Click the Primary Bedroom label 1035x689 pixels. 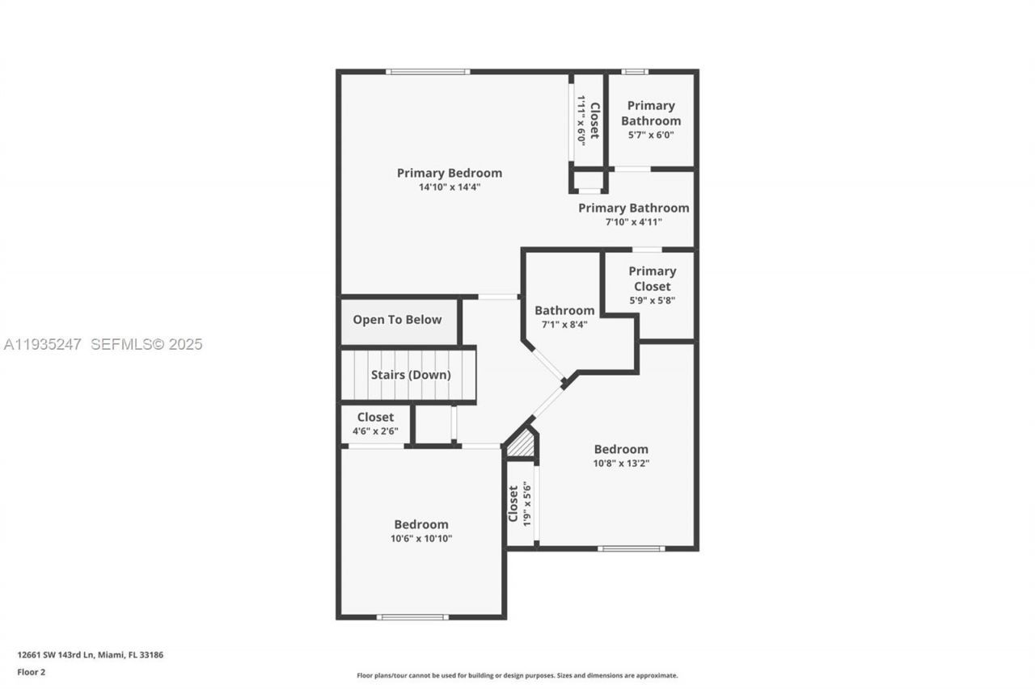[449, 173]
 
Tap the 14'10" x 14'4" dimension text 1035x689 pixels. [449, 187]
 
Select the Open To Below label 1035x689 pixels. [397, 320]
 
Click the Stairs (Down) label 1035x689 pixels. [411, 375]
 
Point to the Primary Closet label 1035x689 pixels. [652, 279]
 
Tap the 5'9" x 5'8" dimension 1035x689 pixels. [652, 300]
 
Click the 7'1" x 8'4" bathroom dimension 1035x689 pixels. [564, 325]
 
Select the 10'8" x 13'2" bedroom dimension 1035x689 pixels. [621, 464]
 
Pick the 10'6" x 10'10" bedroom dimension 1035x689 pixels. [420, 539]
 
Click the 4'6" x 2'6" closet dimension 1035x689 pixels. [375, 431]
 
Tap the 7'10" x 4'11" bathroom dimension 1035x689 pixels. [633, 222]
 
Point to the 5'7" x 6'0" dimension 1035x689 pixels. [651, 136]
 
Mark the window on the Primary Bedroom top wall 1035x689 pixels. [427, 72]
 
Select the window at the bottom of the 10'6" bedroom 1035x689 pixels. [412, 617]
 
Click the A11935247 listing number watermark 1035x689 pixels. [42, 344]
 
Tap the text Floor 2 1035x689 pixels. [31, 671]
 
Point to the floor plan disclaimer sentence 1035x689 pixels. [517, 675]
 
